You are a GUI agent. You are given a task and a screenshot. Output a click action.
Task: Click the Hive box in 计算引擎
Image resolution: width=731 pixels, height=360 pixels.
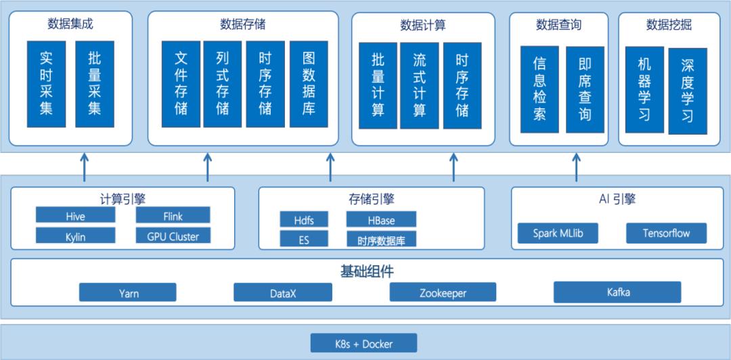(x=75, y=217)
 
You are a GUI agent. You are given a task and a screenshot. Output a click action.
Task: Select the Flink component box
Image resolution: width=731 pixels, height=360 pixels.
(x=173, y=216)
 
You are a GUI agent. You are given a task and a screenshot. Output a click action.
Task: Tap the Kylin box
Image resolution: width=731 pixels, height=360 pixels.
(x=75, y=237)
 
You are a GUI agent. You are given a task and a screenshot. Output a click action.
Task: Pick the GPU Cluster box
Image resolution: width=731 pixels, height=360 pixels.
(x=173, y=236)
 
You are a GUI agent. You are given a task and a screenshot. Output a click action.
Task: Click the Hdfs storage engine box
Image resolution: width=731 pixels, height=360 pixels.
(x=303, y=220)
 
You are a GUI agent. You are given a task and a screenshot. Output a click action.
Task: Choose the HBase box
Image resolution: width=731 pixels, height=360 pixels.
(x=380, y=220)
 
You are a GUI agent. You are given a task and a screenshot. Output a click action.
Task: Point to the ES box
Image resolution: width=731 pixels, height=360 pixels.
(x=303, y=240)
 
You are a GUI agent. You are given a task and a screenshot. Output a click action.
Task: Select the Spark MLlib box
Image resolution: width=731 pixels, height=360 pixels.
(x=558, y=233)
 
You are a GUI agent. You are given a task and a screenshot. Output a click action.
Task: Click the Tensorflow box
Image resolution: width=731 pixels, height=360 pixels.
(x=666, y=233)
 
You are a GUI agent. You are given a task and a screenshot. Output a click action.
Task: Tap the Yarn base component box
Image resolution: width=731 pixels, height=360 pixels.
(x=127, y=293)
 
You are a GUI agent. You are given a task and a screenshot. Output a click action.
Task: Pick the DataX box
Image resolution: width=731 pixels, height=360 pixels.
(x=283, y=293)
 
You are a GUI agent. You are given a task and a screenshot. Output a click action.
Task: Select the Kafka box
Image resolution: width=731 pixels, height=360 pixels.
(x=617, y=292)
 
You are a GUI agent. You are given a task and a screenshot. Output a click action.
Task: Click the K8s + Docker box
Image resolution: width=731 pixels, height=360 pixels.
(x=363, y=344)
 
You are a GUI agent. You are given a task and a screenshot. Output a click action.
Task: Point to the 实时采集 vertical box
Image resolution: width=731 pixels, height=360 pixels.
(x=46, y=84)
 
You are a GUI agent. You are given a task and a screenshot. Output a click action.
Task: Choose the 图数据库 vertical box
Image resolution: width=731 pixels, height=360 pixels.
(x=309, y=84)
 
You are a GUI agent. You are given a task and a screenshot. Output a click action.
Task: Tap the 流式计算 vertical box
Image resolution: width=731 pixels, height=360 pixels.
(x=420, y=85)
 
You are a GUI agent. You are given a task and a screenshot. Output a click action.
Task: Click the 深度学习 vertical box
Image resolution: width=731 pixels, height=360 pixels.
(x=687, y=90)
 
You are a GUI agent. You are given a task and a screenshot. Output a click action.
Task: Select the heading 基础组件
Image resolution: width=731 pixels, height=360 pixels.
(x=366, y=271)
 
